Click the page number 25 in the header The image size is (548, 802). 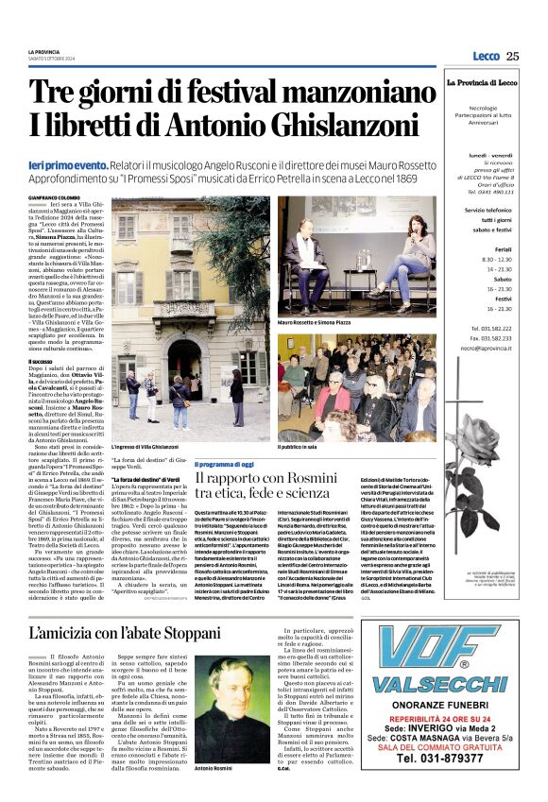(x=512, y=57)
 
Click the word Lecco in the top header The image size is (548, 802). (x=486, y=57)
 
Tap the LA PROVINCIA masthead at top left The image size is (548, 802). (x=43, y=51)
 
